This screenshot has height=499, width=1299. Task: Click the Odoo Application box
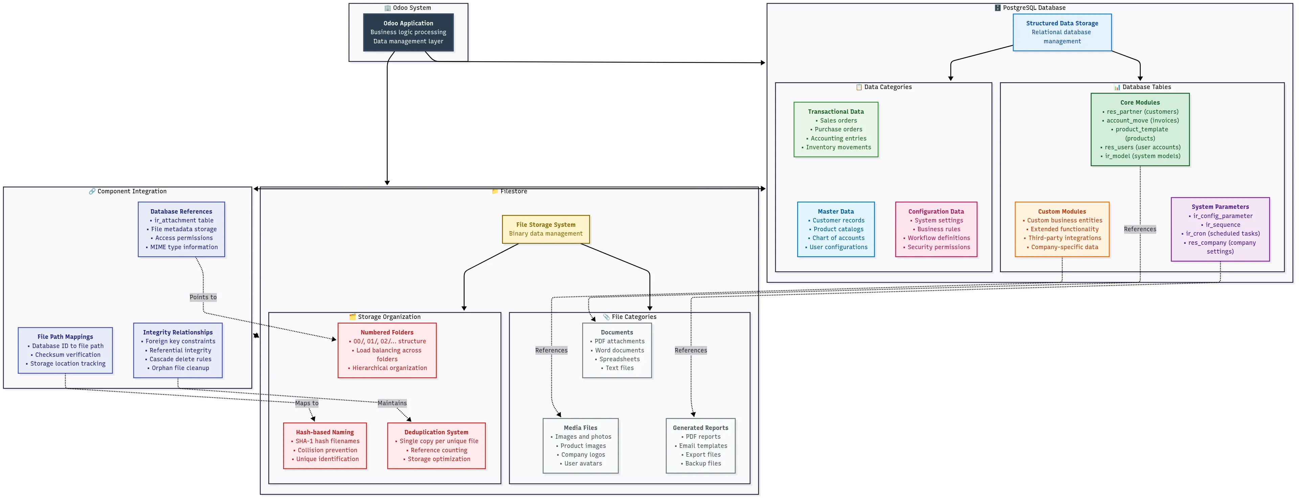pos(408,32)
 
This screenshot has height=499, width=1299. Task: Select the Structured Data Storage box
pos(1062,32)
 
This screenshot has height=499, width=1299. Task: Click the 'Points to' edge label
pos(203,297)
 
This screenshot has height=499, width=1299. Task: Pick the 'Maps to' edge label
pos(306,403)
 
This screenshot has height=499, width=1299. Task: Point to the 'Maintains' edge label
pos(392,403)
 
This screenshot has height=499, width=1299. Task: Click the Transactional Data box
pos(836,130)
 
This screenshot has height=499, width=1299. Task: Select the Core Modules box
pos(1140,129)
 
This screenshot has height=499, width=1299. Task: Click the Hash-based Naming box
pos(325,446)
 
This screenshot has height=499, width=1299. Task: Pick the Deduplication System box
pos(436,446)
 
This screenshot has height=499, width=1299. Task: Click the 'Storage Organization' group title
pos(389,317)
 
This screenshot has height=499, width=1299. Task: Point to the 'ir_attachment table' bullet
pos(184,220)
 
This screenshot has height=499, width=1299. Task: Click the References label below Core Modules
pos(1140,229)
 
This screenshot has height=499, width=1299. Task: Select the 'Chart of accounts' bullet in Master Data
pos(838,238)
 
